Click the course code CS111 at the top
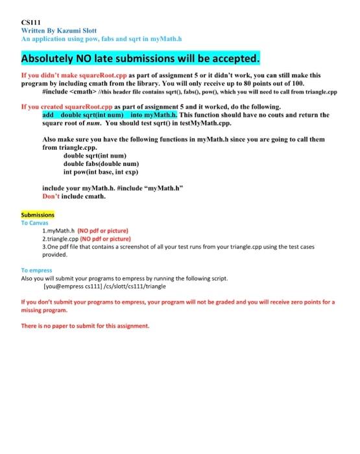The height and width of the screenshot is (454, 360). [30, 22]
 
